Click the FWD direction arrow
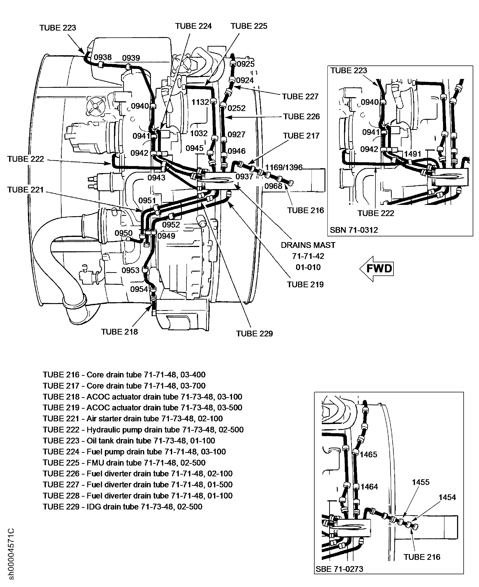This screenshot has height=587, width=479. [377, 269]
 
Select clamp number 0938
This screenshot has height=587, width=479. [103, 57]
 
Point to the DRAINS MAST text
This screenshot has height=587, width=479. [308, 245]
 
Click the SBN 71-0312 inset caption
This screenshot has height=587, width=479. [354, 230]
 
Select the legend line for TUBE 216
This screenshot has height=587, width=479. [124, 375]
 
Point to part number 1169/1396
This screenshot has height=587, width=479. [284, 167]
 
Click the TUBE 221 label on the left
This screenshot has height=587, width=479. [25, 190]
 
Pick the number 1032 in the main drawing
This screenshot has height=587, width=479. [199, 133]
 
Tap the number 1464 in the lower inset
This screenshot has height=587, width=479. [369, 487]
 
